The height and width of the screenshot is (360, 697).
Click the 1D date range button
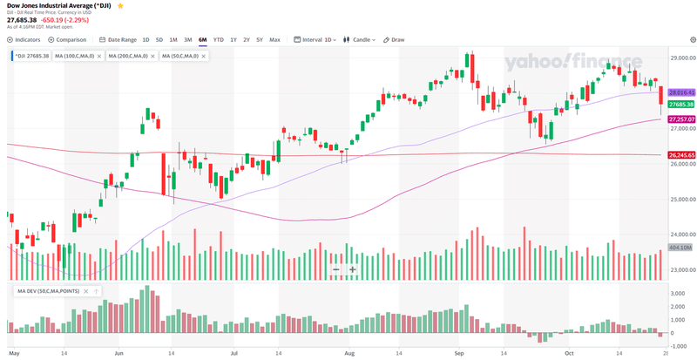pyautogui.click(x=146, y=39)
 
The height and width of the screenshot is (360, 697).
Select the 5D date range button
pyautogui.click(x=159, y=39)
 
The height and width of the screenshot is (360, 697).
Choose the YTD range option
pyautogui.click(x=219, y=39)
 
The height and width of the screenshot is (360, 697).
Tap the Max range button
pyautogui.click(x=275, y=39)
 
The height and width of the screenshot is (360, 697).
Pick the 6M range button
pyautogui.click(x=202, y=39)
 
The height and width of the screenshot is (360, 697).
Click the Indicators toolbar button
pyautogui.click(x=24, y=39)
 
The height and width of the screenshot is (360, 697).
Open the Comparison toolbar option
pyautogui.click(x=69, y=39)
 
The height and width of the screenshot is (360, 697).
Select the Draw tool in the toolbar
pyautogui.click(x=396, y=39)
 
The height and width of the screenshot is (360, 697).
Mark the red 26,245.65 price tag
pyautogui.click(x=681, y=154)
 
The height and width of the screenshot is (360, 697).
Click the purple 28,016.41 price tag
pyautogui.click(x=681, y=91)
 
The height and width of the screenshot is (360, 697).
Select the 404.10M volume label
pyautogui.click(x=681, y=248)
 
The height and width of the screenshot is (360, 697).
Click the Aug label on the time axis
pyautogui.click(x=350, y=354)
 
